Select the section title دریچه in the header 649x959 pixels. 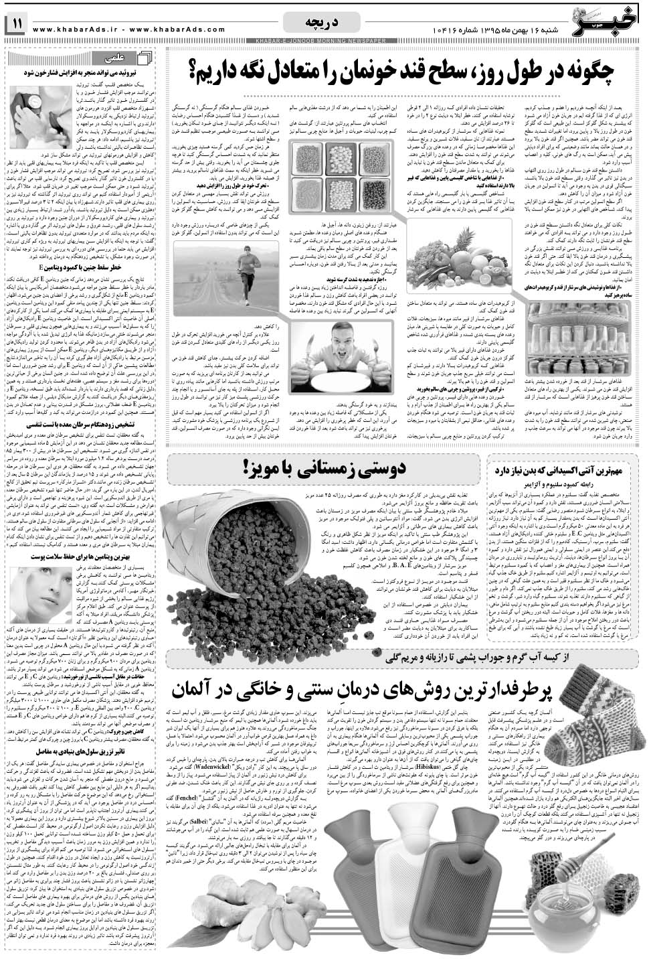point(324,24)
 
